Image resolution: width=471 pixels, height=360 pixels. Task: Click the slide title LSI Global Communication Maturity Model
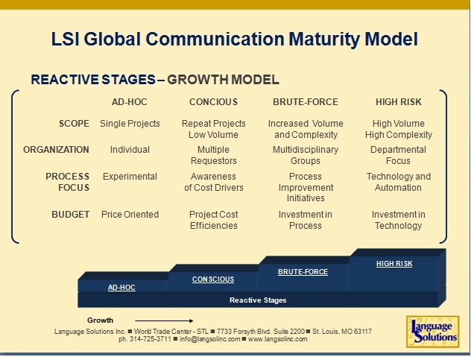tap(234, 39)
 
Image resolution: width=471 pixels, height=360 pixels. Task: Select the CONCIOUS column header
tap(213, 101)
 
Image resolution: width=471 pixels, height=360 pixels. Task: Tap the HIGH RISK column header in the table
tap(398, 101)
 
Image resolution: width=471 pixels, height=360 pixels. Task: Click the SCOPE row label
tap(74, 124)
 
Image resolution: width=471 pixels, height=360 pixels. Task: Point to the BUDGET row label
tap(71, 215)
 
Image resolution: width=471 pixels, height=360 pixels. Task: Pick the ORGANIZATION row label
tap(56, 150)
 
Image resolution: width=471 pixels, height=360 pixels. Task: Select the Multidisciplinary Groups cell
tap(306, 155)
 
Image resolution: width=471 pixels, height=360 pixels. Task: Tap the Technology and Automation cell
tap(398, 182)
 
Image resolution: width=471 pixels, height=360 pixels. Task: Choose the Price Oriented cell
tap(130, 215)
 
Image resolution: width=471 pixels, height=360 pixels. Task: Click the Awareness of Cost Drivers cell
tap(213, 182)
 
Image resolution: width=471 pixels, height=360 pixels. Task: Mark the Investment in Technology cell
tap(398, 220)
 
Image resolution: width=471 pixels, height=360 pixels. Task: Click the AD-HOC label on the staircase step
tap(121, 287)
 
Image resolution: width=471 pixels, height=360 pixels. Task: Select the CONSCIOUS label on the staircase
tap(213, 280)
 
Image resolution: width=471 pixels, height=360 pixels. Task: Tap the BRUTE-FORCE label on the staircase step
tap(303, 272)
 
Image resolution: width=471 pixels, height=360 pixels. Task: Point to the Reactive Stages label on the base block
tap(257, 300)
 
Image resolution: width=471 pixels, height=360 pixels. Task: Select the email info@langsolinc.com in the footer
tap(211, 338)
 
